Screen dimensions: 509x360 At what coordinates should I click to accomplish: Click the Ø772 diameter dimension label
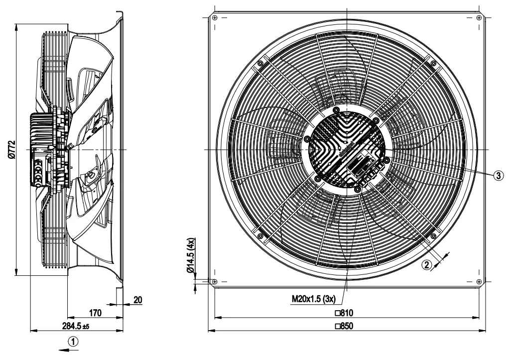tap(11, 150)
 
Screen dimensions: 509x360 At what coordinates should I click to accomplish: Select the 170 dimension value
tap(95, 313)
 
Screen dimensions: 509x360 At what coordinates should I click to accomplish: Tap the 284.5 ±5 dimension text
tap(76, 326)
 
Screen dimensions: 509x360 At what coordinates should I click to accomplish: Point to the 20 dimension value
tap(138, 300)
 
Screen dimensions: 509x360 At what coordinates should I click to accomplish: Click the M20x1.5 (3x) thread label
tap(314, 299)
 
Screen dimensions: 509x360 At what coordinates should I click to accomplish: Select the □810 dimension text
tap(344, 313)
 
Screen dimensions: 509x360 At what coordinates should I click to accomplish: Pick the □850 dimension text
tap(344, 326)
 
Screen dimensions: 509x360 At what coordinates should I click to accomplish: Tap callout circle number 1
tap(73, 342)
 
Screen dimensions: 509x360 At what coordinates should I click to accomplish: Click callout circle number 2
tap(427, 265)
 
